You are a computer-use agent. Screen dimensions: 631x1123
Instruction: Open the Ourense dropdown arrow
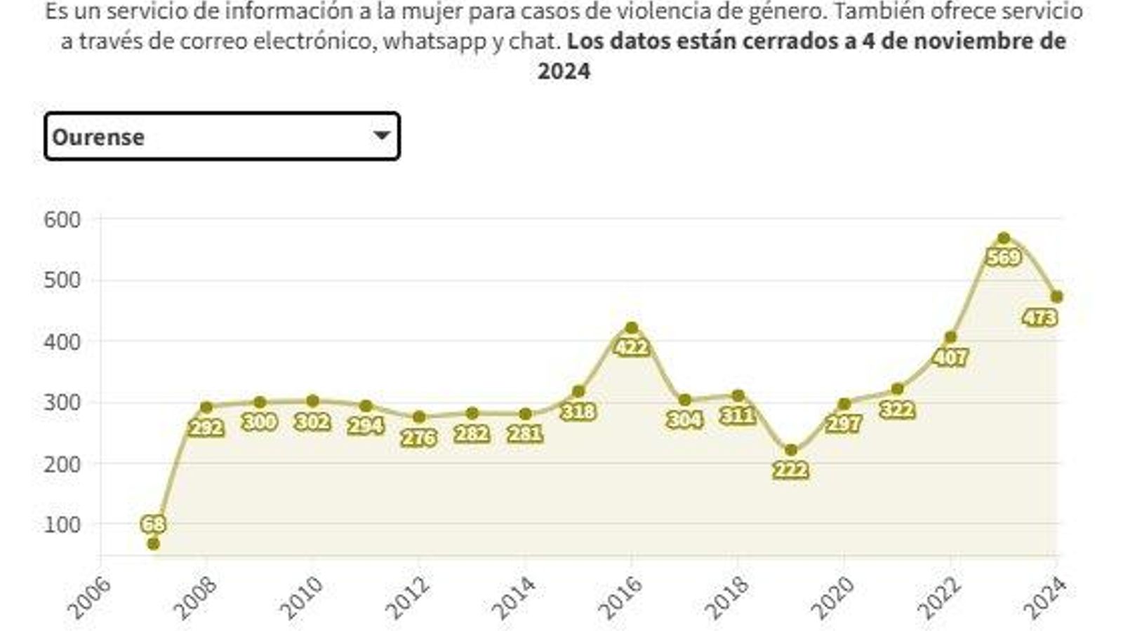pos(381,135)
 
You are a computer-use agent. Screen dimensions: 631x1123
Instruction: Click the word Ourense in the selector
pos(98,137)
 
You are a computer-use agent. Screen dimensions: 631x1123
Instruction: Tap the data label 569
pos(1004,257)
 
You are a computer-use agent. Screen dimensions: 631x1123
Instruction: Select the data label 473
pos(1039,318)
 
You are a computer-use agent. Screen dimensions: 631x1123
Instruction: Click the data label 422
pos(631,346)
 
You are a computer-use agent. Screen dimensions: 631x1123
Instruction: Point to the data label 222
pos(790,470)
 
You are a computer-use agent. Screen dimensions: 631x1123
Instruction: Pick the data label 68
pos(153,524)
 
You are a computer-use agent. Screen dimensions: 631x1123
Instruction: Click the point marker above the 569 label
pos(1004,238)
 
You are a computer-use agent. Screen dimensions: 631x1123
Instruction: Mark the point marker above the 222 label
pos(791,450)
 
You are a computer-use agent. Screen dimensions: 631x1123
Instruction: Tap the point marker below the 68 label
pos(154,543)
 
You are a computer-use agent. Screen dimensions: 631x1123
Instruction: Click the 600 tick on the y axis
pos(62,219)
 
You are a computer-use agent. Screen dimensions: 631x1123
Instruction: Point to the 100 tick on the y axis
pos(62,524)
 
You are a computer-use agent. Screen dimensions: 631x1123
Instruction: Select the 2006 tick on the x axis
pos(88,598)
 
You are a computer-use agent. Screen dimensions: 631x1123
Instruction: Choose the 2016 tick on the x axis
pos(621,598)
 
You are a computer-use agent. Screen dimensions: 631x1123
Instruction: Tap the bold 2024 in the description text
pos(564,72)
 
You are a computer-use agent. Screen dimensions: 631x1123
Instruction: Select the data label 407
pos(950,357)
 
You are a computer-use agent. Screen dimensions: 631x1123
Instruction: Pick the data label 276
pos(418,437)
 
